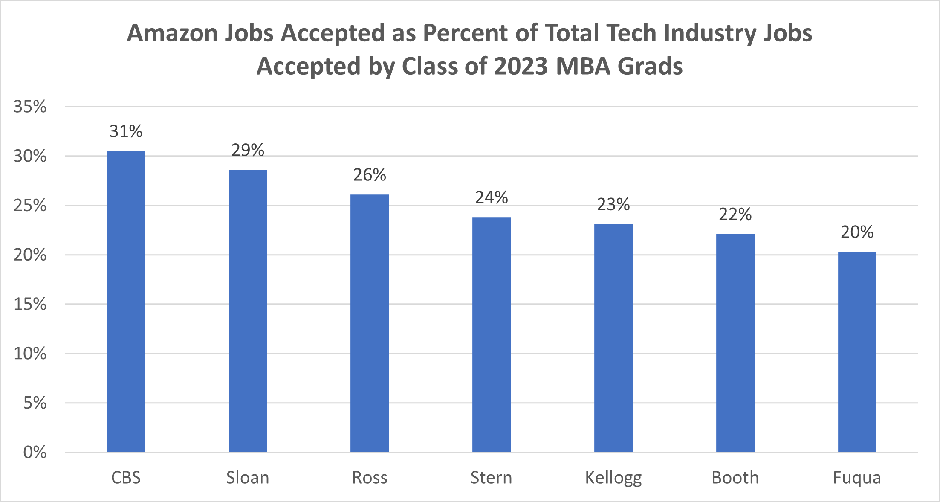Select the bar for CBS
(x=126, y=301)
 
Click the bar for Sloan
(x=248, y=310)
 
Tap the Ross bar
(x=370, y=323)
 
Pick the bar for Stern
(x=491, y=334)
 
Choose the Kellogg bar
(x=613, y=337)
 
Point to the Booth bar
(x=735, y=342)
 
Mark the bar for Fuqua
(x=857, y=351)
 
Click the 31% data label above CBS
(x=126, y=131)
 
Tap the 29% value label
(x=248, y=150)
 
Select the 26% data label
(x=370, y=175)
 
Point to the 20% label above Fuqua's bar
(x=857, y=232)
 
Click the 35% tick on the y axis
(x=30, y=107)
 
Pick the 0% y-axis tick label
(x=35, y=452)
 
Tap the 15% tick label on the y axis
(x=30, y=304)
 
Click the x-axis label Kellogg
(x=613, y=478)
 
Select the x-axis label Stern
(x=491, y=478)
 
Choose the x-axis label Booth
(x=735, y=478)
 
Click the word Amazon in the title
(x=173, y=33)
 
